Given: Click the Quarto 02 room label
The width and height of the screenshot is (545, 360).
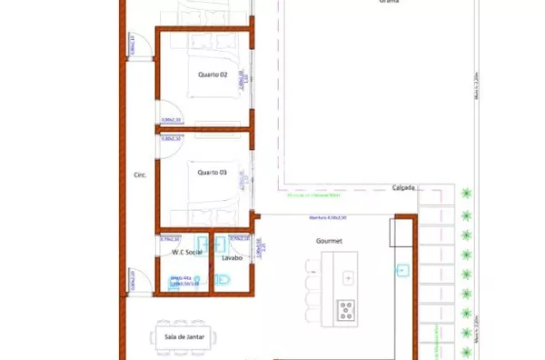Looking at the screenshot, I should (x=212, y=75).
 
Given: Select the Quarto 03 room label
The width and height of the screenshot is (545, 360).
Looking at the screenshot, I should (x=212, y=170).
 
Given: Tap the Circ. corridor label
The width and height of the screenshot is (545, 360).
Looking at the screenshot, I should (x=140, y=175).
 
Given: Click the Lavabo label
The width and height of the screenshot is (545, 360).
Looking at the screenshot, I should (x=231, y=258).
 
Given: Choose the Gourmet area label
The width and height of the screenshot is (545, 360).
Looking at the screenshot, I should (x=328, y=241).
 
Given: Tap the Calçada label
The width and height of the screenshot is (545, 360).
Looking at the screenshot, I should (x=404, y=188).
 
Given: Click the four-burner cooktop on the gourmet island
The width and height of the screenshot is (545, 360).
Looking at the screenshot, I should (x=346, y=310).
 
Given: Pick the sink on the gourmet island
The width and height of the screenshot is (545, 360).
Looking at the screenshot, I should (x=347, y=276).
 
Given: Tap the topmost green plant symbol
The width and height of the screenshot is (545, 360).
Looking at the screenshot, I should (x=467, y=193).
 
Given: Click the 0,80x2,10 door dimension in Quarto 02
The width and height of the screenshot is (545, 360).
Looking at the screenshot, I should (x=172, y=119).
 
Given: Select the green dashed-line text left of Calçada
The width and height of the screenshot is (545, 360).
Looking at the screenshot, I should (x=312, y=195).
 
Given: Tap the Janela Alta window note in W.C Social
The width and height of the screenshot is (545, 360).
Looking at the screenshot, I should (x=184, y=282).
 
